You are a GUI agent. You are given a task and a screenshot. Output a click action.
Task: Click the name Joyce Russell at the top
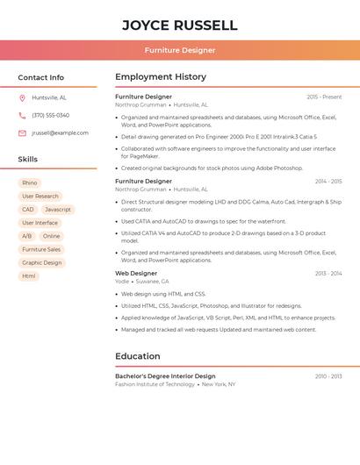pyautogui.click(x=179, y=25)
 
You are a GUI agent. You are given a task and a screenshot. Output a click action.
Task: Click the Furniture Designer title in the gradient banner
pyautogui.click(x=179, y=50)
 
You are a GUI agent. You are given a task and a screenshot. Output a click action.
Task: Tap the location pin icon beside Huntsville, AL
pyautogui.click(x=22, y=97)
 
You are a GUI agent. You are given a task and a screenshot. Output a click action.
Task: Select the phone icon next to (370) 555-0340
pyautogui.click(x=22, y=115)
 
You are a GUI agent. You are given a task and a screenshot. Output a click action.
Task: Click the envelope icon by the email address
pyautogui.click(x=22, y=132)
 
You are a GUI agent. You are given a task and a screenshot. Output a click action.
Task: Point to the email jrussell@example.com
pyautogui.click(x=60, y=132)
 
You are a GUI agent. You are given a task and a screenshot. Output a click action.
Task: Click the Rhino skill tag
pyautogui.click(x=29, y=183)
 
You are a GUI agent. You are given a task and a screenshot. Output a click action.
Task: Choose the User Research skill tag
pyautogui.click(x=40, y=197)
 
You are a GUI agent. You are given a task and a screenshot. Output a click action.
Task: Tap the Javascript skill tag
pyautogui.click(x=58, y=210)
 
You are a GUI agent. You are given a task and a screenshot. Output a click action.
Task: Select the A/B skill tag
pyautogui.click(x=26, y=236)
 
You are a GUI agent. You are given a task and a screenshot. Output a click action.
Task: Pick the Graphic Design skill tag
pyautogui.click(x=42, y=262)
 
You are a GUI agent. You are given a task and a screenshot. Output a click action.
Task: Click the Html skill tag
pyautogui.click(x=29, y=275)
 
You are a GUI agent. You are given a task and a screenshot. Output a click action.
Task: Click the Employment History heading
pyautogui.click(x=161, y=77)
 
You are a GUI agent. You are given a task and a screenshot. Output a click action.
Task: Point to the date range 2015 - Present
pyautogui.click(x=324, y=97)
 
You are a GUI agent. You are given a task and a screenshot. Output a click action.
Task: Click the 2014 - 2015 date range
pyautogui.click(x=328, y=181)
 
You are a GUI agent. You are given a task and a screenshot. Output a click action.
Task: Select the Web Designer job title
pyautogui.click(x=136, y=273)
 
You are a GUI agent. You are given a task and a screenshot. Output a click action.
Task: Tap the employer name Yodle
pyautogui.click(x=122, y=282)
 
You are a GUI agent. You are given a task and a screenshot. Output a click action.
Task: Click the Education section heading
pyautogui.click(x=137, y=356)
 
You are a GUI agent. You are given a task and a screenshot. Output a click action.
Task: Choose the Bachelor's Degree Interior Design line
pyautogui.click(x=165, y=376)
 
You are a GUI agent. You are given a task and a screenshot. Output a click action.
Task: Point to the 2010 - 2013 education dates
pyautogui.click(x=328, y=376)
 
